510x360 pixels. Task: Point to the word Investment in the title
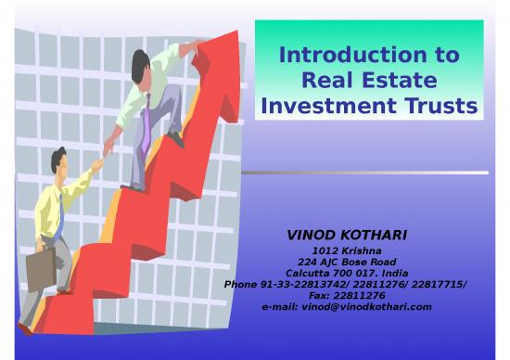tap(324, 108)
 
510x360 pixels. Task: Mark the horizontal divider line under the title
tap(371, 173)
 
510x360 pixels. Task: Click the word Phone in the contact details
tap(241, 284)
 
